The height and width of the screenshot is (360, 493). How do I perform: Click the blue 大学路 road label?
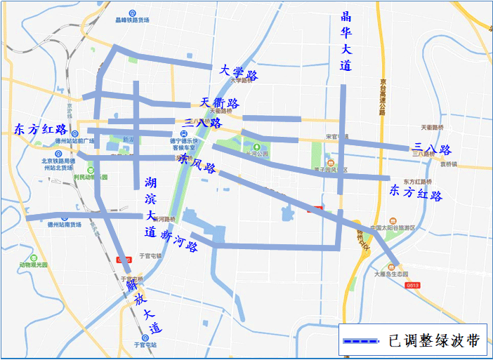(x=238, y=72)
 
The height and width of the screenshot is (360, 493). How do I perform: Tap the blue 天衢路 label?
(x=220, y=103)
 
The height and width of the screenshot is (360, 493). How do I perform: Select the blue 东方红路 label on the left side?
(x=40, y=130)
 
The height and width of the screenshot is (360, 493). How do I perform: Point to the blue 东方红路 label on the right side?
(x=416, y=192)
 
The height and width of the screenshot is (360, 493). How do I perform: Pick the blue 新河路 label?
(x=180, y=241)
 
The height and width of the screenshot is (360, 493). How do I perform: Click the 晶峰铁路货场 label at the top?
(x=134, y=20)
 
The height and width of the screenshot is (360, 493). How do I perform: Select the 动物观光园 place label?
(x=33, y=266)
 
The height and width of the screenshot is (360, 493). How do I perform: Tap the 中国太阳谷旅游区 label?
(x=393, y=228)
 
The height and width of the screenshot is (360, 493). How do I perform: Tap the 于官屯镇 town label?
(x=150, y=256)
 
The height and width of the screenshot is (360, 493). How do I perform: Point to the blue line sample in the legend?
(x=361, y=342)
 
